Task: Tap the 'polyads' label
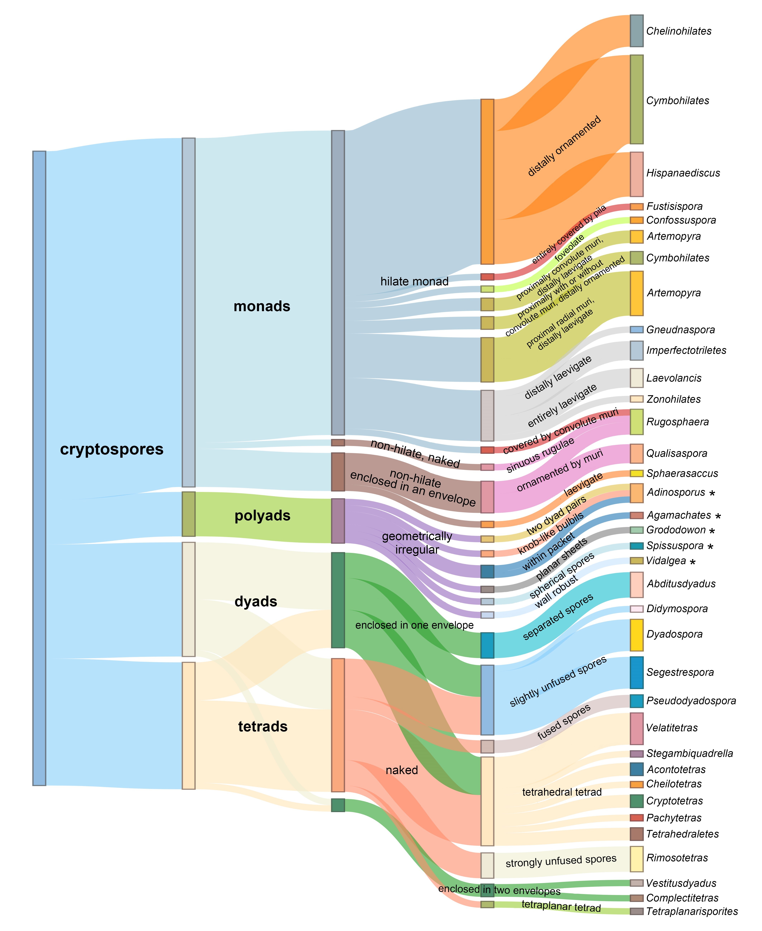[x=263, y=516]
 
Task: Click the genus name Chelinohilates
[x=679, y=31]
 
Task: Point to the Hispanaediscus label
[x=683, y=173]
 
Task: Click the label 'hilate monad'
[x=414, y=281]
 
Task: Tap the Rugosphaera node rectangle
[x=636, y=422]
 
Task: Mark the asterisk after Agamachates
[x=718, y=516]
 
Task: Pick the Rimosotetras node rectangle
[x=636, y=859]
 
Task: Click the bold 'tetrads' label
[x=263, y=727]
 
